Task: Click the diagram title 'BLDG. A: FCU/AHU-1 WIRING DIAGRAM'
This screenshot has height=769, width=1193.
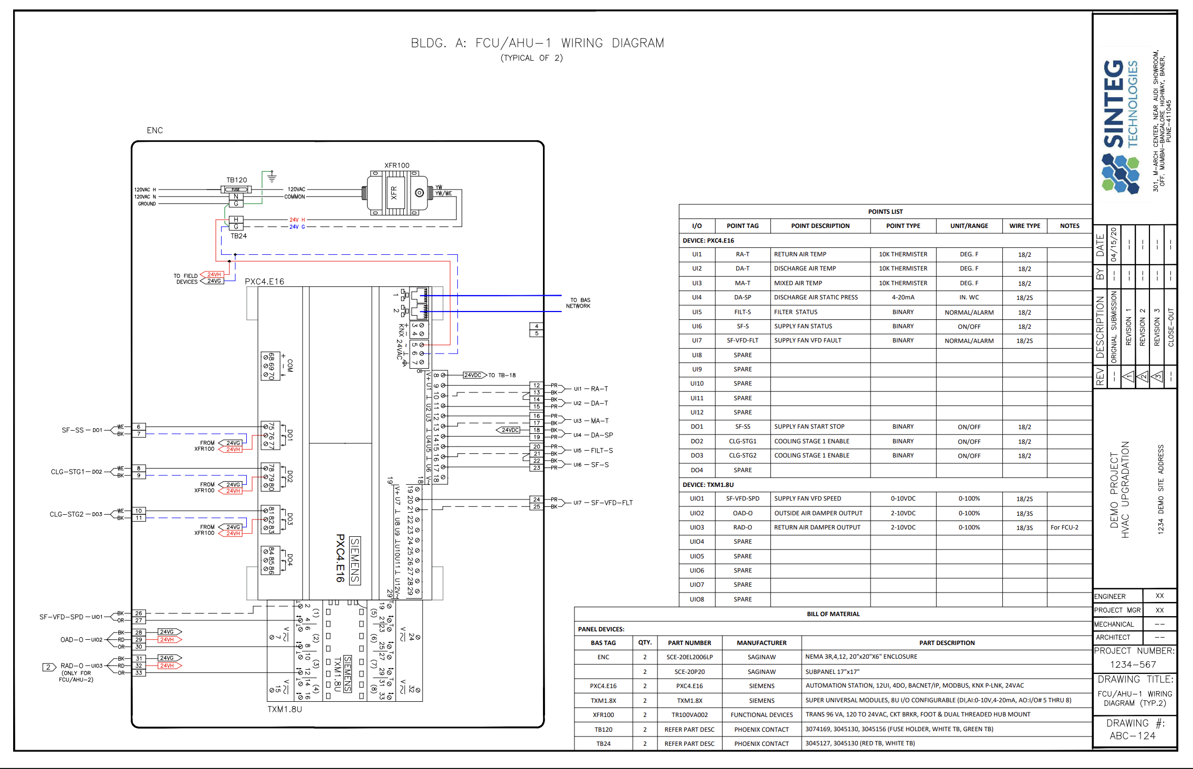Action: tap(537, 43)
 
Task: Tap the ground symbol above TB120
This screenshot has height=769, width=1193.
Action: tap(271, 177)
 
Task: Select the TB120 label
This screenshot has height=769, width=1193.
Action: tap(236, 180)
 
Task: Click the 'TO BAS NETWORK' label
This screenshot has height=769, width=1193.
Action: tap(578, 303)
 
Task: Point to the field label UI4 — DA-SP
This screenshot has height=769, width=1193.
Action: tap(593, 435)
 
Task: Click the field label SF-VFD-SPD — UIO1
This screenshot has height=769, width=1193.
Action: tap(71, 617)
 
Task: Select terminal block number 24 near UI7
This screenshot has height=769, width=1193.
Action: tap(536, 500)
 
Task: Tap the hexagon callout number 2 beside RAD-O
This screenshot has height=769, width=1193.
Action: tap(49, 667)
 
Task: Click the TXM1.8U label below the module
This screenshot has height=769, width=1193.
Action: tap(285, 709)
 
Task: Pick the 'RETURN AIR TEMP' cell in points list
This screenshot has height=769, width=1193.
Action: tap(800, 254)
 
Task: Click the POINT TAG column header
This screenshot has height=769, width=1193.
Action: tap(742, 226)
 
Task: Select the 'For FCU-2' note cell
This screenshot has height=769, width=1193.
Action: tap(1064, 527)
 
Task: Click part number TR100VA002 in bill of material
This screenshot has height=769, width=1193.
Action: tap(689, 715)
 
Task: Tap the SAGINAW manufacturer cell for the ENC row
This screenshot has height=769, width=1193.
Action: tap(761, 657)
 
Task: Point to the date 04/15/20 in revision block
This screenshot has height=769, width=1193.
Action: tap(1113, 245)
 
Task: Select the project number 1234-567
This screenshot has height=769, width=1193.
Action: tap(1133, 664)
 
